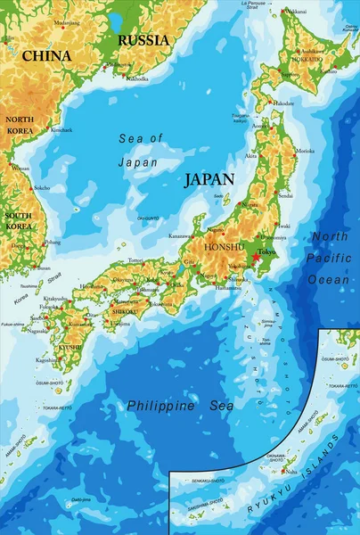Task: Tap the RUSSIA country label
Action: (143, 40)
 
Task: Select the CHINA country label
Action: (46, 56)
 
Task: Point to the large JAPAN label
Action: (209, 179)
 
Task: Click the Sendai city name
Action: (286, 194)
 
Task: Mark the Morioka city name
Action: (305, 151)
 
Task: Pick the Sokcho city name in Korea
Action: (41, 189)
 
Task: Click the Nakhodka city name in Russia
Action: (137, 79)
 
